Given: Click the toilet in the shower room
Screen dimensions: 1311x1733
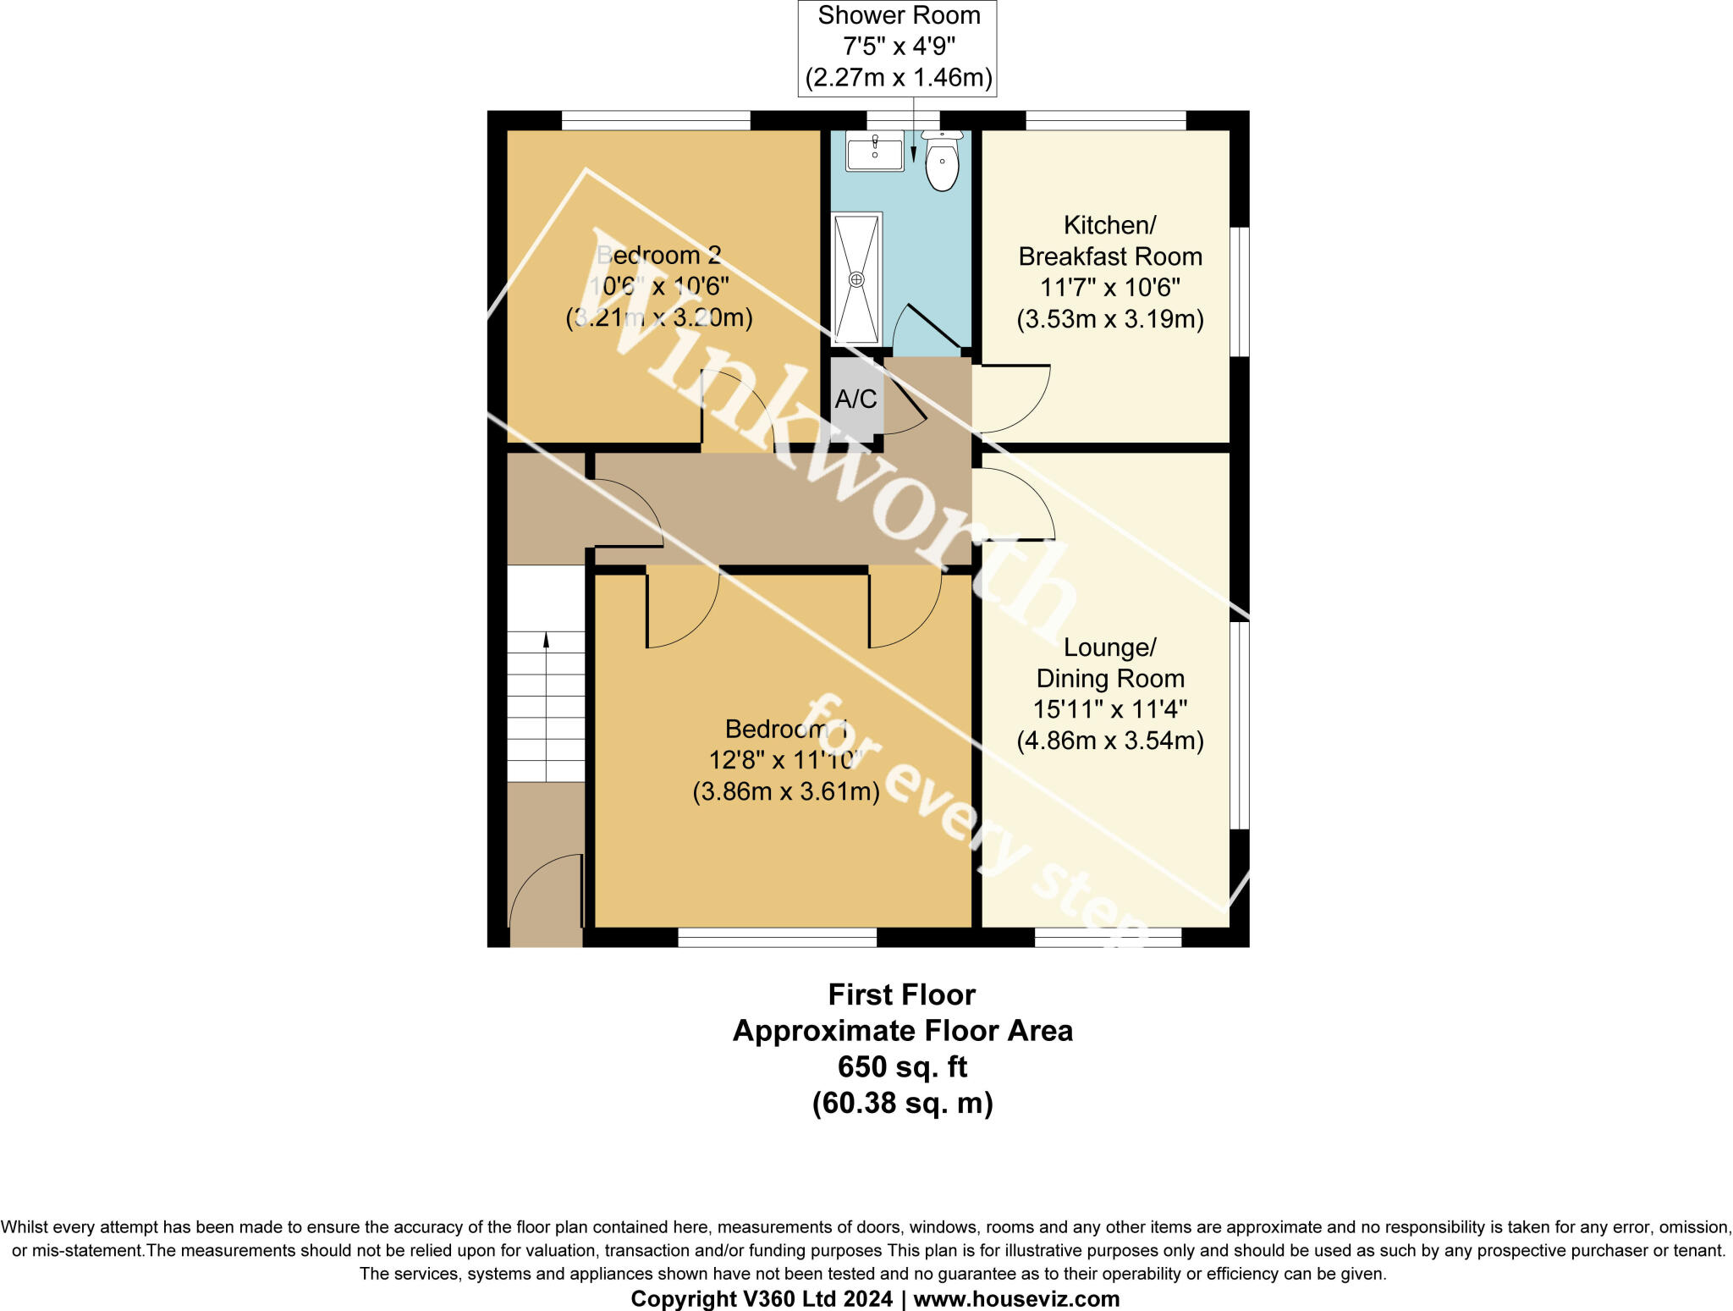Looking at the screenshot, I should (942, 162).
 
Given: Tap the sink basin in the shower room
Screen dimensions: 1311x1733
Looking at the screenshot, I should (875, 151).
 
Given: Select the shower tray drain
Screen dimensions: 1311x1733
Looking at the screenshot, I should (856, 278).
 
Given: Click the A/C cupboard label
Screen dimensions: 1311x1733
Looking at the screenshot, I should (855, 399).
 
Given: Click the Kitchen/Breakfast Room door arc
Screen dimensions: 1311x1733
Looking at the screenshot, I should (1015, 398).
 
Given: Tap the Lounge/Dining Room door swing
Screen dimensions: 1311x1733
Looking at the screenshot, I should (1015, 504).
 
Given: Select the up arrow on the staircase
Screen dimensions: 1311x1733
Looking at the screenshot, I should (546, 641).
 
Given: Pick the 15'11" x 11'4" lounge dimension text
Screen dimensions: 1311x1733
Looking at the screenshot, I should (1109, 709).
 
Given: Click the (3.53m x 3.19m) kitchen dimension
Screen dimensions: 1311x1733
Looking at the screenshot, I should (1109, 319).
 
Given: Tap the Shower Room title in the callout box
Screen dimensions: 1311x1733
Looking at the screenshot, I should (899, 16).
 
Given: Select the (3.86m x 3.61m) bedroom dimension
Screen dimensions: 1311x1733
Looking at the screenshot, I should (786, 791).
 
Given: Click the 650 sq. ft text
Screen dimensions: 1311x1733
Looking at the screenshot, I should (902, 1066).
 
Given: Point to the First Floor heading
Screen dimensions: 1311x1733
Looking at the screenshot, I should (902, 994).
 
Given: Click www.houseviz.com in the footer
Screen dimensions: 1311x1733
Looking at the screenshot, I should (1016, 1298).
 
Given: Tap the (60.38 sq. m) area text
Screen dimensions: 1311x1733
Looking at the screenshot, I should (902, 1103).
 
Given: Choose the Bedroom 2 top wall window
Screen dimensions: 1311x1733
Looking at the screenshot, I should (656, 120).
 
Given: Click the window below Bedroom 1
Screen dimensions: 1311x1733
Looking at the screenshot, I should (777, 937).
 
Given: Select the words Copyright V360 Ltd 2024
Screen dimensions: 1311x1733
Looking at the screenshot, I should (762, 1298).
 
